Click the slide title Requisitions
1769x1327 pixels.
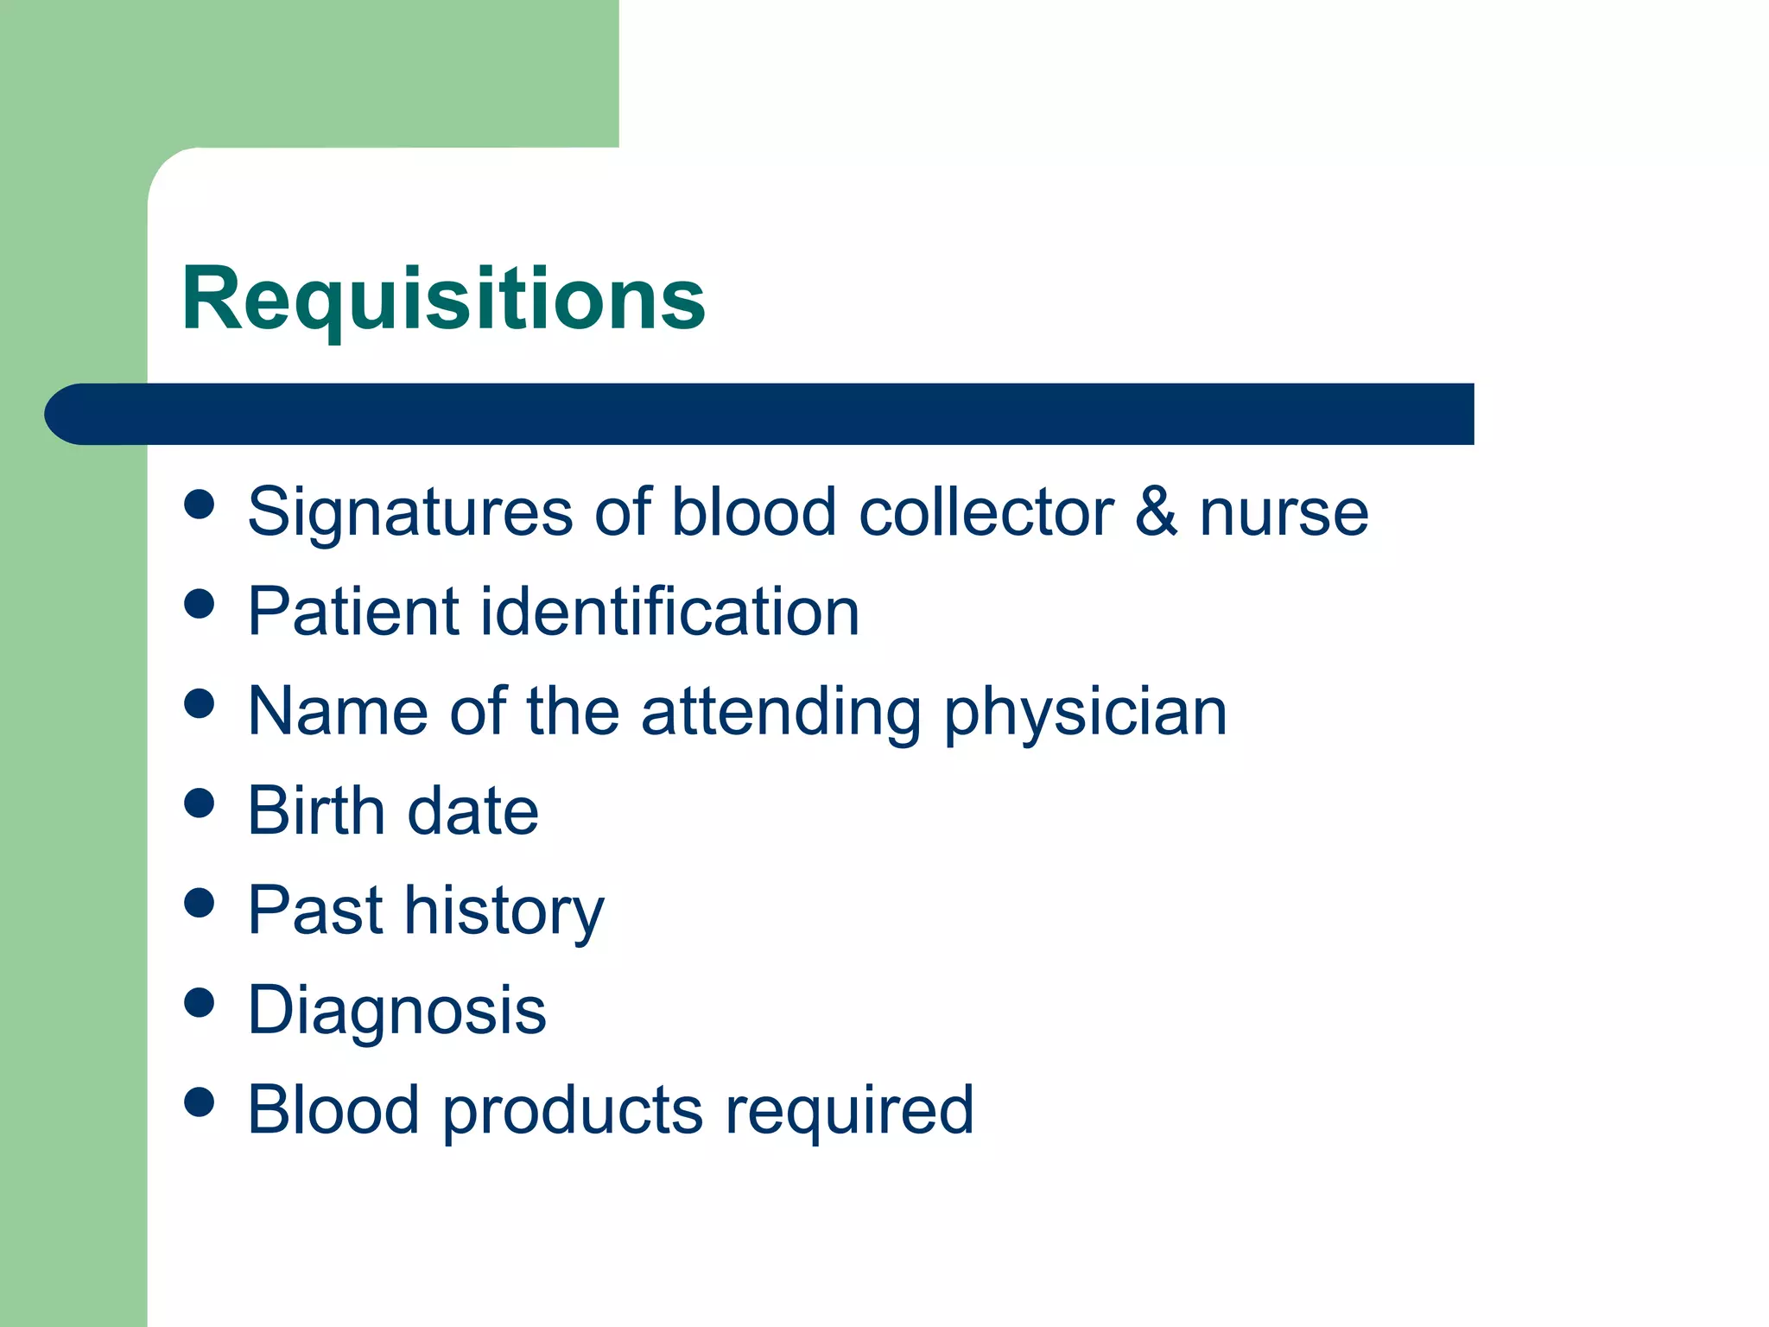(443, 299)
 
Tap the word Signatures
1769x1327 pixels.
(409, 512)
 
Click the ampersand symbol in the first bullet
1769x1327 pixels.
(1156, 511)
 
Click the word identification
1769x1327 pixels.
(669, 612)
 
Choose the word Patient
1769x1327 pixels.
(353, 612)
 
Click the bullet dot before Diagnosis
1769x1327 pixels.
(199, 1003)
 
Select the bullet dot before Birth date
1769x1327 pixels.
(199, 803)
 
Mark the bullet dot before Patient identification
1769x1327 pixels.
(199, 604)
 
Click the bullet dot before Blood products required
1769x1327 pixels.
(199, 1102)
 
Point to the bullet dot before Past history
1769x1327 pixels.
(199, 903)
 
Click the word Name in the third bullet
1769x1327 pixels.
(338, 712)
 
